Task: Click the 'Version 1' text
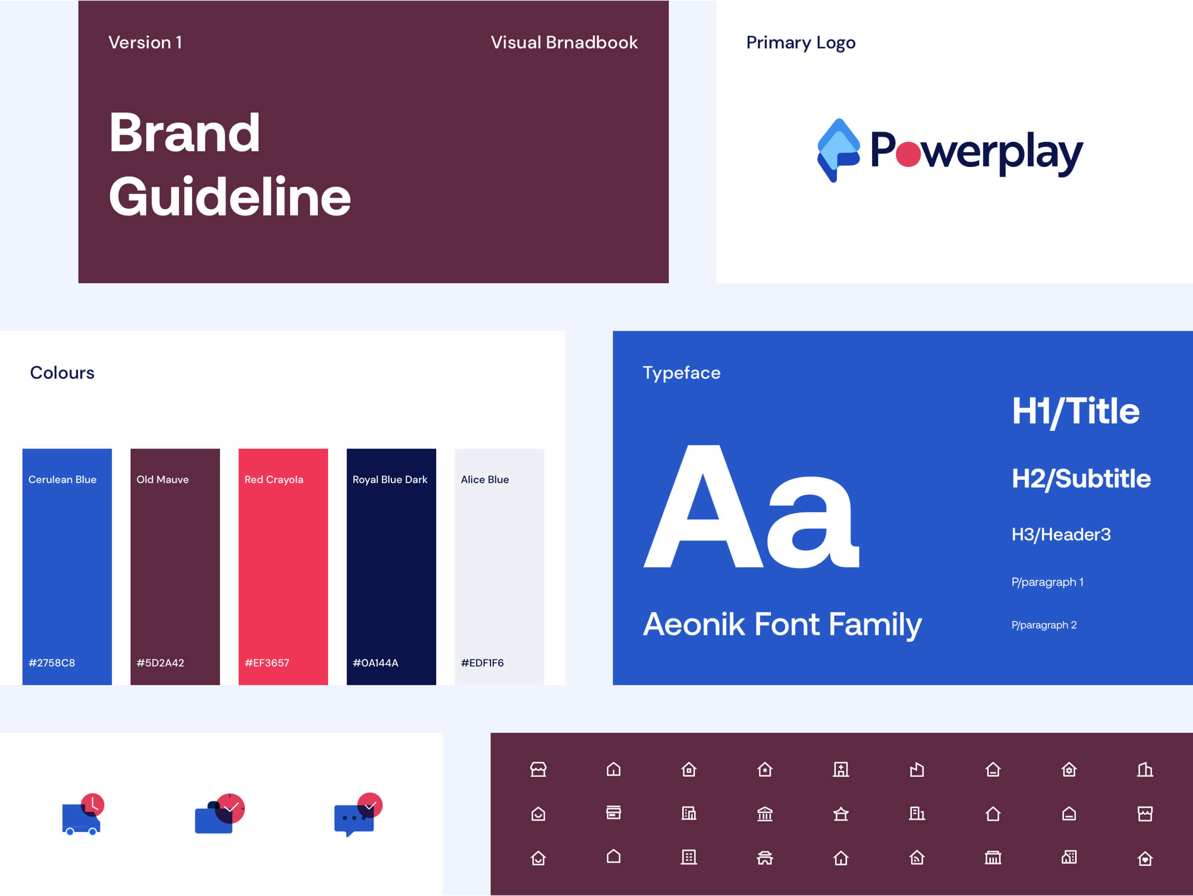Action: [145, 43]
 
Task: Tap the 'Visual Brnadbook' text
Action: [564, 43]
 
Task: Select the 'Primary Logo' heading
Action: [801, 43]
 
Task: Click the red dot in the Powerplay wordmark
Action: [908, 154]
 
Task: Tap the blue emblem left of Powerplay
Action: [839, 150]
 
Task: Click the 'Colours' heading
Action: [62, 373]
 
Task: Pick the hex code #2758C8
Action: [52, 663]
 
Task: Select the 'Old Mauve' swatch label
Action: [162, 480]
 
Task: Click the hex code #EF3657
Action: [267, 663]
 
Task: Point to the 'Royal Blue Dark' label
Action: [390, 480]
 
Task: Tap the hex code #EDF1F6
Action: [482, 663]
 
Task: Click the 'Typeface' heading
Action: [682, 373]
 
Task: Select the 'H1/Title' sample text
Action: [1076, 412]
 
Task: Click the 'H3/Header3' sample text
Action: [1061, 535]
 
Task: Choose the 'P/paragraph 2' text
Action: [1044, 625]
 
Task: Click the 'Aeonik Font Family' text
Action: [783, 625]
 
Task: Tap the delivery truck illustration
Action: [83, 814]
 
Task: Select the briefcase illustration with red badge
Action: [219, 813]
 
